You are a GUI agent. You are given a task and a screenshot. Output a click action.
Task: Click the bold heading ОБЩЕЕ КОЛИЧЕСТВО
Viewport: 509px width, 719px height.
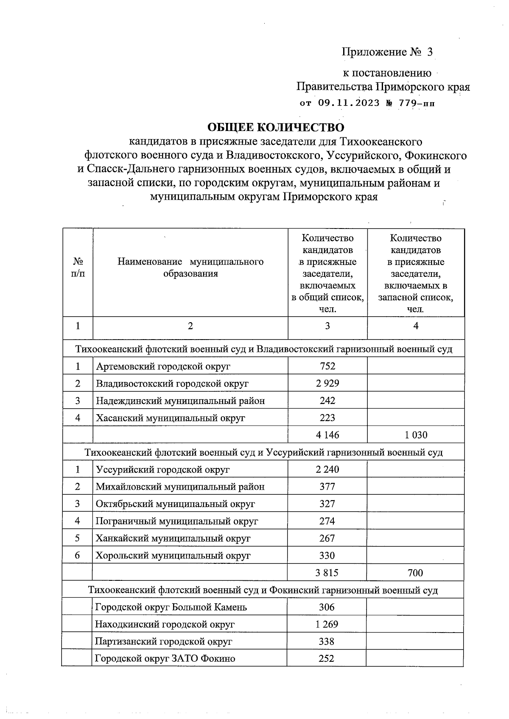(x=275, y=127)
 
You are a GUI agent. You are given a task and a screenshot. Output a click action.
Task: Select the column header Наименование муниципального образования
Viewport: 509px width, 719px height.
(x=190, y=268)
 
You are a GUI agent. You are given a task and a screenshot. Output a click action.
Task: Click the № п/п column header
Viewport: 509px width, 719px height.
(x=78, y=268)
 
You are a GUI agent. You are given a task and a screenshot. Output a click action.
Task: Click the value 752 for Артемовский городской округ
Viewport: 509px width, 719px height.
(x=327, y=366)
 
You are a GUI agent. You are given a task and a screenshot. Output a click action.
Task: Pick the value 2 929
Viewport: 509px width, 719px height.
(x=327, y=384)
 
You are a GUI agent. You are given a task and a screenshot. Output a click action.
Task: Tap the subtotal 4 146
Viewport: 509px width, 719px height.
(x=327, y=435)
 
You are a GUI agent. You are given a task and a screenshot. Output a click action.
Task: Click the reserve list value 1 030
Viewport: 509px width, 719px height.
(x=416, y=435)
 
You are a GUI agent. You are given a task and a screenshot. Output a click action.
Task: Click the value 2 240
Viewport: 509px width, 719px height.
(x=327, y=470)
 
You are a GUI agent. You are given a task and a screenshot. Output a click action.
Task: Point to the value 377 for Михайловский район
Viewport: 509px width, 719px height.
(x=327, y=487)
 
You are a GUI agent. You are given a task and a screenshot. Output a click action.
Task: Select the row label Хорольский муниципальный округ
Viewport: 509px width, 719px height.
(x=173, y=555)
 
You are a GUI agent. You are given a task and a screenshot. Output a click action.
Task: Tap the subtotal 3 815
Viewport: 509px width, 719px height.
(x=327, y=573)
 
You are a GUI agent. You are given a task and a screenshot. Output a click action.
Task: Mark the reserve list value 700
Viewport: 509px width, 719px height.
(x=415, y=573)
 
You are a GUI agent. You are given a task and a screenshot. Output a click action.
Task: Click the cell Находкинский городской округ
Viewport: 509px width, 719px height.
(x=165, y=624)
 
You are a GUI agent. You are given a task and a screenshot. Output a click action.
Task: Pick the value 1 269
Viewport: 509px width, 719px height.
(x=327, y=624)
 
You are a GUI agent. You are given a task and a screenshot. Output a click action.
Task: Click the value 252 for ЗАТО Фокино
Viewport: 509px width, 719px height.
(x=327, y=658)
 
